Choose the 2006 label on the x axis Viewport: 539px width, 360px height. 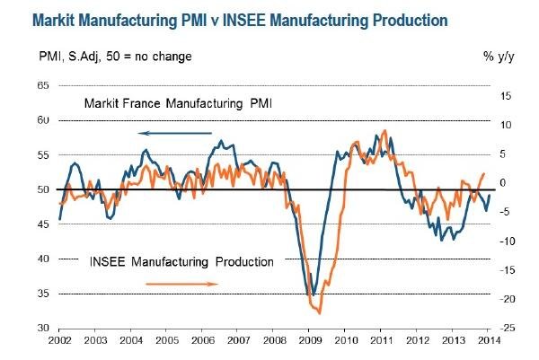(x=203, y=342)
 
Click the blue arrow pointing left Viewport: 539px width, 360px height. (x=176, y=133)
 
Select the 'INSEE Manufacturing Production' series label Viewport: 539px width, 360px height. (x=182, y=262)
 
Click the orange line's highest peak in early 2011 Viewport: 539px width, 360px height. (x=385, y=131)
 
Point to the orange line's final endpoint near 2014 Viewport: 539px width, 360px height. (x=484, y=174)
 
